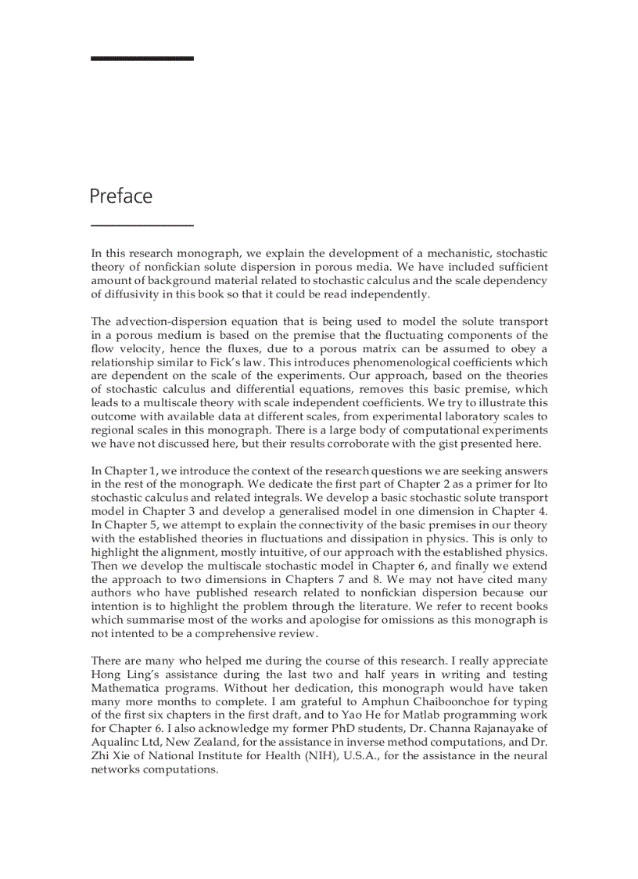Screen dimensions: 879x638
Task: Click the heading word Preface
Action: [120, 196]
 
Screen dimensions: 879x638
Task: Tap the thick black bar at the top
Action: [142, 58]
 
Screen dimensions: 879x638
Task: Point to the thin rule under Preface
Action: [142, 225]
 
